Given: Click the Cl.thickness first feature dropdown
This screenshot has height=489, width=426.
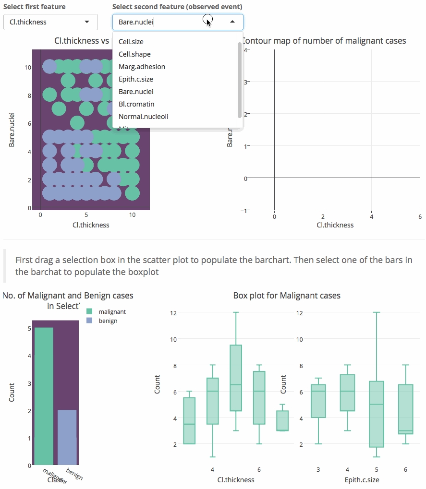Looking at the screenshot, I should point(50,22).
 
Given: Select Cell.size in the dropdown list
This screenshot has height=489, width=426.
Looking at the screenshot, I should point(131,42).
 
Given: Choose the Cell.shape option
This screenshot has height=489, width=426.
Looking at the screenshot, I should point(134,54).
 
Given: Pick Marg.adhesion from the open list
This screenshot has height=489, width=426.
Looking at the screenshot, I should point(142,67).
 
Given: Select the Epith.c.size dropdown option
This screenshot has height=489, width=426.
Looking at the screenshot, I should point(136,79).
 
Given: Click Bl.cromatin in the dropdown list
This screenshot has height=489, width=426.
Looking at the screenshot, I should point(136,104).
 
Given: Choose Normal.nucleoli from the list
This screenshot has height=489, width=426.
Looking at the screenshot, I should point(143,117).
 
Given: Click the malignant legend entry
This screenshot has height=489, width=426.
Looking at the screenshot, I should point(112,312).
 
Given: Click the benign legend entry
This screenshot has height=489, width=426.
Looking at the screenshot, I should point(108,321).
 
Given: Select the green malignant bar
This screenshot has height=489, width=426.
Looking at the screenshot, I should point(44,396).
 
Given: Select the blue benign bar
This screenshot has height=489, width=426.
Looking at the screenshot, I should point(67,437).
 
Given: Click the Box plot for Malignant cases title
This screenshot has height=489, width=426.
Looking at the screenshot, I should point(287,296).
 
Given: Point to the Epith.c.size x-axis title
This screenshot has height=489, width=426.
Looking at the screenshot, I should point(362,479).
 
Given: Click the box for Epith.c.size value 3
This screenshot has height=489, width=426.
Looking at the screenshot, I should point(318,401).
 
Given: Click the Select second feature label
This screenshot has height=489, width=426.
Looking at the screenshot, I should point(177,7).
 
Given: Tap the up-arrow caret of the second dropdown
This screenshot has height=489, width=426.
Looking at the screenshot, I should point(232,22).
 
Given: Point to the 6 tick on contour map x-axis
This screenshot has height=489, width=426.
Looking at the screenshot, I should point(420,216).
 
